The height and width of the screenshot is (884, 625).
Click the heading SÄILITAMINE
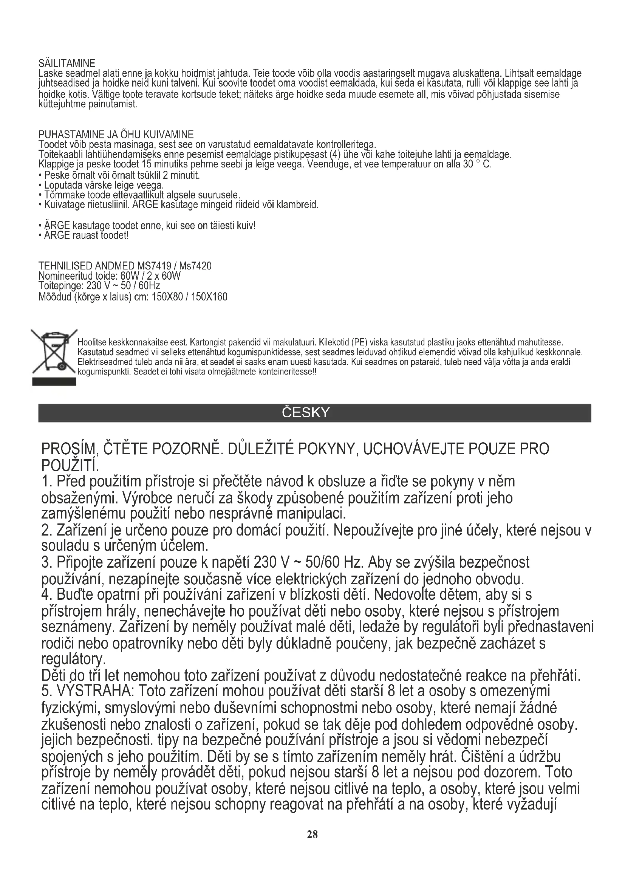67,63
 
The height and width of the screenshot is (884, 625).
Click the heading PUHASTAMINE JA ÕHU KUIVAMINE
116,135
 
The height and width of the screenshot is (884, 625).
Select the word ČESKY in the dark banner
306,413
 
